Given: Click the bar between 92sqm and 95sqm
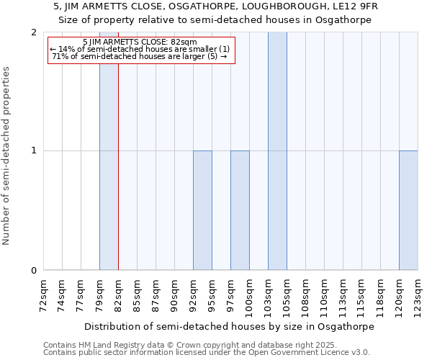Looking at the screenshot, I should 202,210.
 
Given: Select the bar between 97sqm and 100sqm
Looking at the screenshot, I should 240,210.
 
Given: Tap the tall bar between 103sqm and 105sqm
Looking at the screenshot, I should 277,151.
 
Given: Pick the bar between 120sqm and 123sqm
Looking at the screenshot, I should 408,210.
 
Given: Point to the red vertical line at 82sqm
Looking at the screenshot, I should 118,180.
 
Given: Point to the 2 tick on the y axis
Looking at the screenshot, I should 34,32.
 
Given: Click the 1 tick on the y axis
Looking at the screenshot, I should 34,151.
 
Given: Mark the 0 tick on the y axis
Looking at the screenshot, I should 34,271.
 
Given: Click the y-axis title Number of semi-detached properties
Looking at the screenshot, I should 7,156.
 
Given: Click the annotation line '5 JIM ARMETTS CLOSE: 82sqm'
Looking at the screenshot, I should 140,42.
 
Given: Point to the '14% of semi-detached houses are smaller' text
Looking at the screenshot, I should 140,49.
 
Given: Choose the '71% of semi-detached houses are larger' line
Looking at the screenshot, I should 140,56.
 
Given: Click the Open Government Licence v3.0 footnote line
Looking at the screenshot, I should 207,353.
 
